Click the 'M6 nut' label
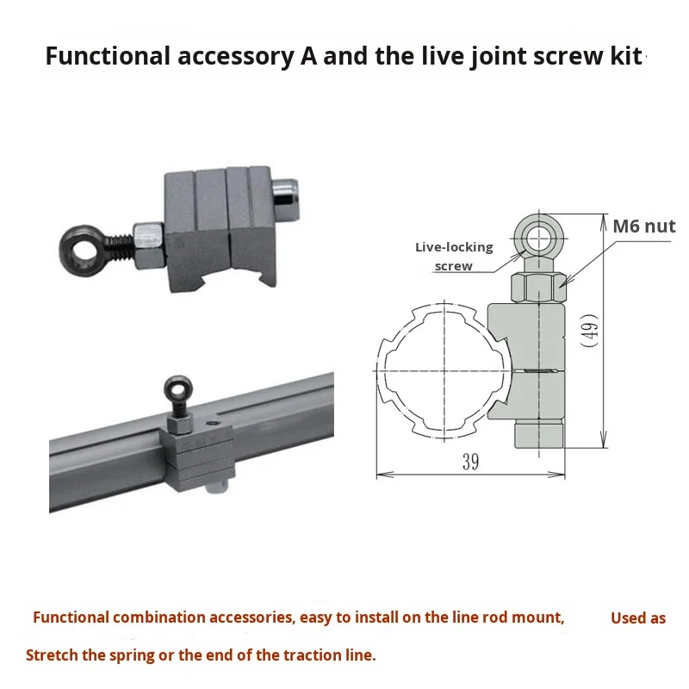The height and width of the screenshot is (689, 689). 643,227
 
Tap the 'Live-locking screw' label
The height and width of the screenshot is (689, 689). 454,257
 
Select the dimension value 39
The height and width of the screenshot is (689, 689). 470,462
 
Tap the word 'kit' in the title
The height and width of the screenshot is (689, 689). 627,58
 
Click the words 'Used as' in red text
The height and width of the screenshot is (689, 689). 638,618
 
